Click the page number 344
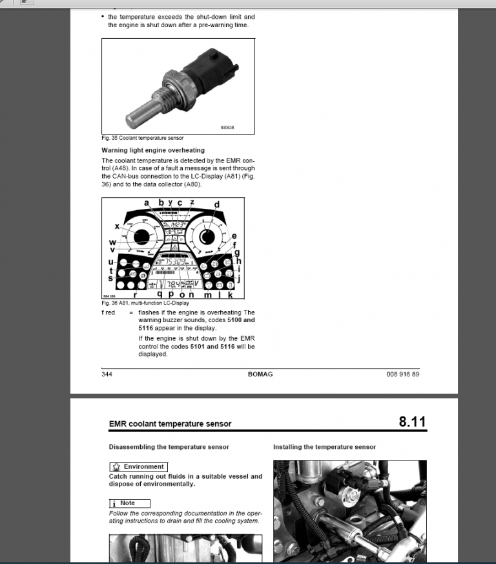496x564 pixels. [x=107, y=374]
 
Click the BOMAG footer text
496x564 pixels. [x=260, y=374]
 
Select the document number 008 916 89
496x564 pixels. [x=402, y=374]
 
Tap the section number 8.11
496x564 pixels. [x=412, y=422]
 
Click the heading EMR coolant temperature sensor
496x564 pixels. [x=170, y=424]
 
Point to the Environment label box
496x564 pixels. [x=138, y=466]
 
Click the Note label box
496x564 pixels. [x=129, y=503]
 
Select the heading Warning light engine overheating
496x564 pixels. [x=153, y=150]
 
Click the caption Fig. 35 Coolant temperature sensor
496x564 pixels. [x=143, y=138]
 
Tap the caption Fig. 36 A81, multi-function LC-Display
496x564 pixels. [x=145, y=302]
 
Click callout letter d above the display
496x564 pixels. [x=217, y=205]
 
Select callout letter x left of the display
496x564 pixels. [x=117, y=226]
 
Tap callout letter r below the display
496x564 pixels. [x=134, y=294]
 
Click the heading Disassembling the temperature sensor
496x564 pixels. [x=169, y=447]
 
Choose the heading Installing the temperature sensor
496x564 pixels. [x=324, y=447]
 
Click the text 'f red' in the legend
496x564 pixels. [x=108, y=312]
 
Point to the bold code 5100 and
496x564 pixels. [x=240, y=320]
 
